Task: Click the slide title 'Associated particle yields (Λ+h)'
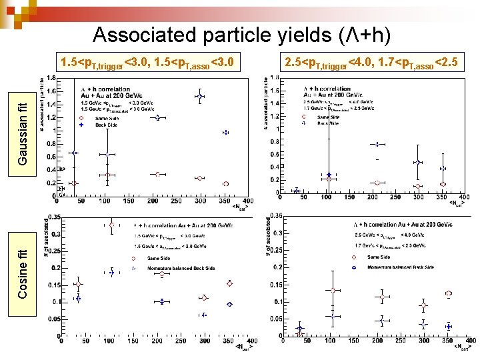(x=241, y=34)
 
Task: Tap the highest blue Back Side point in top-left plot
(x=199, y=97)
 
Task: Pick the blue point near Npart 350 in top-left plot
(x=225, y=133)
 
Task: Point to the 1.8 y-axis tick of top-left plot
(x=51, y=78)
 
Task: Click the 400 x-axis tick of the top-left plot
(x=247, y=201)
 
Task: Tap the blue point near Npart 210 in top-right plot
(x=378, y=144)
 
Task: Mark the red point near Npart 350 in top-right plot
(x=443, y=184)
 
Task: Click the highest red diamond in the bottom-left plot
(x=111, y=225)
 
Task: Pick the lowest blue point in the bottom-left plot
(x=203, y=315)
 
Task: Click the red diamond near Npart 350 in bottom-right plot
(x=448, y=293)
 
